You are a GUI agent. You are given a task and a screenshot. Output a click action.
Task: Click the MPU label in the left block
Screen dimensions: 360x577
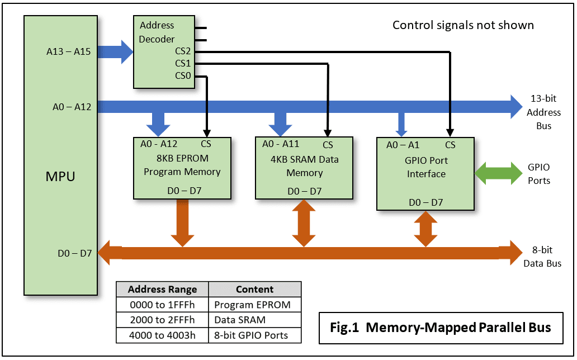(60, 177)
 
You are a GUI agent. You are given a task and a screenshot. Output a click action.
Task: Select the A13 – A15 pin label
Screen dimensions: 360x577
(68, 53)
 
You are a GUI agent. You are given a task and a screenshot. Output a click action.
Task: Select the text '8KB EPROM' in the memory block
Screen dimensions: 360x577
(182, 159)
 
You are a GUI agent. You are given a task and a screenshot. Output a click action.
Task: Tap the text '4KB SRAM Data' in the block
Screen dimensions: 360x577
(304, 159)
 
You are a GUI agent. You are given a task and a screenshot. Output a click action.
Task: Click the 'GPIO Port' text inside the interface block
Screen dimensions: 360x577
(426, 160)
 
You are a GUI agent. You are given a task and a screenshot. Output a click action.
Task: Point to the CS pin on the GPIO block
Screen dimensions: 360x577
(450, 145)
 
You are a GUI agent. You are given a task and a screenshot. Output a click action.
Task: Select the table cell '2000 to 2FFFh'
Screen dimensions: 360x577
(162, 320)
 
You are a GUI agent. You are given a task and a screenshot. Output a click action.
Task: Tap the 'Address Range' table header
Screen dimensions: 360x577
(162, 290)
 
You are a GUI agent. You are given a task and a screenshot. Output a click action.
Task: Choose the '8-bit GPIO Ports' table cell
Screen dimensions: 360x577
(251, 335)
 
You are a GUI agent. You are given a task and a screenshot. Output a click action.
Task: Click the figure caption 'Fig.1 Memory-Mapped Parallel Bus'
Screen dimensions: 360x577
(440, 327)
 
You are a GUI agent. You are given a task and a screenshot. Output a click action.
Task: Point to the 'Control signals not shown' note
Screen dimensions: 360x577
(463, 25)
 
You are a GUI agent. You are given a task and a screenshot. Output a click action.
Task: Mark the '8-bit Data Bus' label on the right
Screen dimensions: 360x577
(542, 257)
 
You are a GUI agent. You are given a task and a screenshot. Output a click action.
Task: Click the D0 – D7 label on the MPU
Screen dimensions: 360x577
(74, 253)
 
